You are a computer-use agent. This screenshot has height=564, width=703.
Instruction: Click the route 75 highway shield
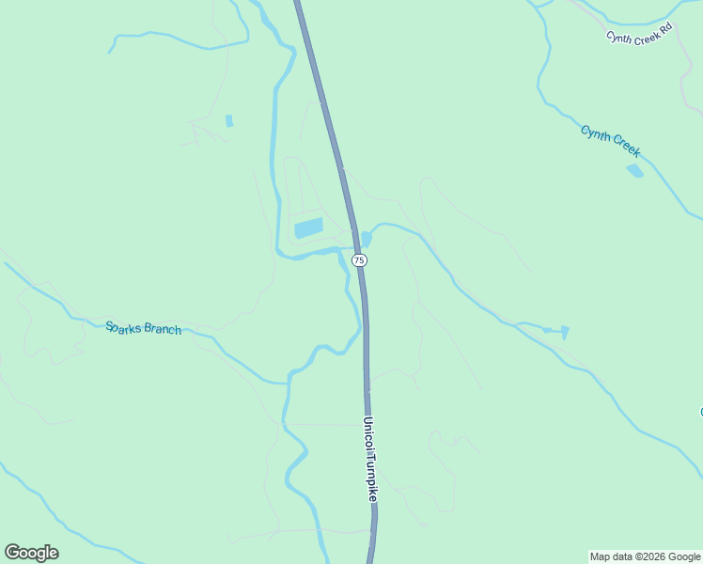click(x=359, y=259)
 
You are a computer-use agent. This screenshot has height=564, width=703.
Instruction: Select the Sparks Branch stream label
click(x=143, y=329)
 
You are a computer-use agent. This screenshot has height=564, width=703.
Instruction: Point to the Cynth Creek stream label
click(x=611, y=141)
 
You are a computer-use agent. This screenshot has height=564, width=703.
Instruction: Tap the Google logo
click(x=31, y=553)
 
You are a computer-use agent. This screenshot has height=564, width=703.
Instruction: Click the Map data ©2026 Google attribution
click(x=645, y=556)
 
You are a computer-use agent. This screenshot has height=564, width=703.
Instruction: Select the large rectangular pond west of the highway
click(x=308, y=227)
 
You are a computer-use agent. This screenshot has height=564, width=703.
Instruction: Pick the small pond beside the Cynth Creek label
click(x=634, y=170)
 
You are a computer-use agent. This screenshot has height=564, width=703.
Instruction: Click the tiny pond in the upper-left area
click(x=229, y=120)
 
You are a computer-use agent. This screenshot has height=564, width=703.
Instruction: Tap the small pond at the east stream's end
click(x=565, y=332)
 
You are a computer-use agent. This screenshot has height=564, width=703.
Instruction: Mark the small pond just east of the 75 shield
click(x=366, y=239)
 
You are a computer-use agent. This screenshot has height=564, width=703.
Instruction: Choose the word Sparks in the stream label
click(x=123, y=327)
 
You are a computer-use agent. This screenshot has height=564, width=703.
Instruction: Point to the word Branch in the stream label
click(x=162, y=330)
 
